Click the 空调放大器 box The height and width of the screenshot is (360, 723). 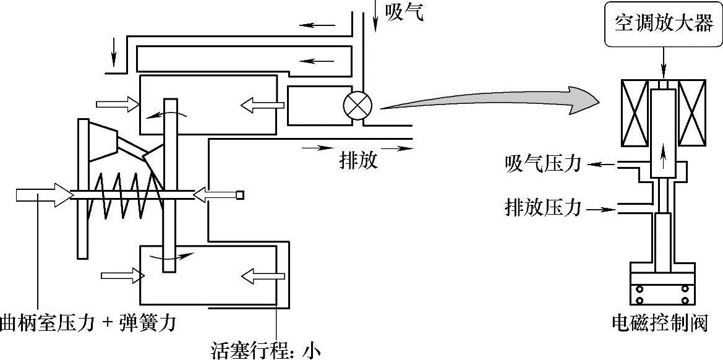pos(663,24)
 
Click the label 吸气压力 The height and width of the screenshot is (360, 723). pos(543,164)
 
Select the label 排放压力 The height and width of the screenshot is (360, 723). pos(543,208)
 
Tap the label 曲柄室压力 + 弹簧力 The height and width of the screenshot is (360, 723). pos(87,322)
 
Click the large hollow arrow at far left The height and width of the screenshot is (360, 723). pos(42,195)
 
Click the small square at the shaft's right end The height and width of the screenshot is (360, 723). pos(239,195)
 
